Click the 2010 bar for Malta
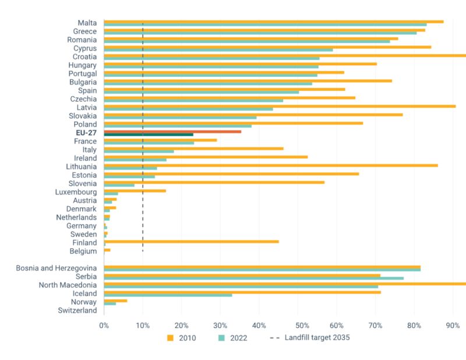pos(274,22)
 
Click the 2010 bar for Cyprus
pos(267,47)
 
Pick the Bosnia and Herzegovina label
pos(57,268)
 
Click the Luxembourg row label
pos(76,192)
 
